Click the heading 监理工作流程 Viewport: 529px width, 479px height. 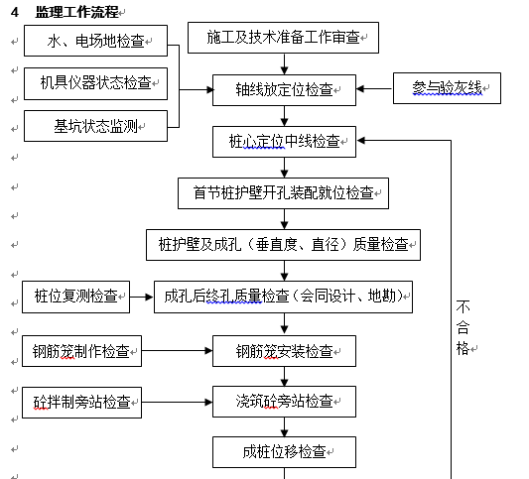pos(77,12)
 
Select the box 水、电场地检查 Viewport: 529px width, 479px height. pos(96,41)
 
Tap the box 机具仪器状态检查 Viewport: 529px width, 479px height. pos(96,83)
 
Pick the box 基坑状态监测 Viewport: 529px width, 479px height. pos(96,126)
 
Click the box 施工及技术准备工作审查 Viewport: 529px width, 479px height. pos(284,38)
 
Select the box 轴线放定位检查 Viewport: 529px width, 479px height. pos(285,90)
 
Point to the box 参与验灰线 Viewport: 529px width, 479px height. pos(447,88)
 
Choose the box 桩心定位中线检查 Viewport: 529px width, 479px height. pos(285,142)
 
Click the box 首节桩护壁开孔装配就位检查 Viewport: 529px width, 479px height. pos(284,193)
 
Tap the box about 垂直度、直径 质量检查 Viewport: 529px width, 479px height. pos(284,245)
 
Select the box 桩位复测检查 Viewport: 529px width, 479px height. pos(75,297)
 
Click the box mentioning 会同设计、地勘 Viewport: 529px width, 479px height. pos(284,297)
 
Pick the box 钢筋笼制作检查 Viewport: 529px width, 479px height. pos(82,351)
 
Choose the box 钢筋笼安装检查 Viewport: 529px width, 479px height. pos(285,351)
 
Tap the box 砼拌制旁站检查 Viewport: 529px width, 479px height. pos(82,403)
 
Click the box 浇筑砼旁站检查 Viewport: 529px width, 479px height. pos(285,402)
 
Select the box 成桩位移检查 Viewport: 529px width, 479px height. pos(285,452)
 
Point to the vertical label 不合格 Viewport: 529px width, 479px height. pos(463,327)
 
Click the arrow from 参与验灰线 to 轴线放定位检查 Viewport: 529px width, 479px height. pos(374,89)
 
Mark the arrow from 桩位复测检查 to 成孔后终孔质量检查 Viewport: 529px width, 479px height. pos(142,297)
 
